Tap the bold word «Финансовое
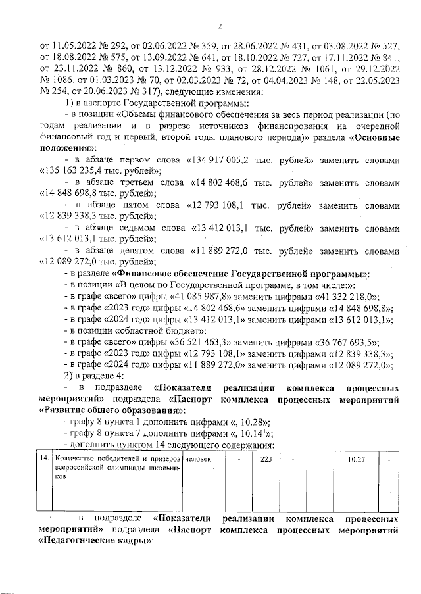150,273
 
